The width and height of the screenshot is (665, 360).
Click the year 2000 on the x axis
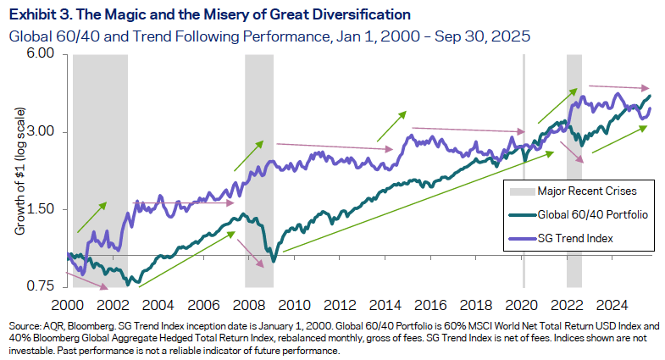(x=67, y=304)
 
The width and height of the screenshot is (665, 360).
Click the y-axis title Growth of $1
(x=19, y=169)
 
